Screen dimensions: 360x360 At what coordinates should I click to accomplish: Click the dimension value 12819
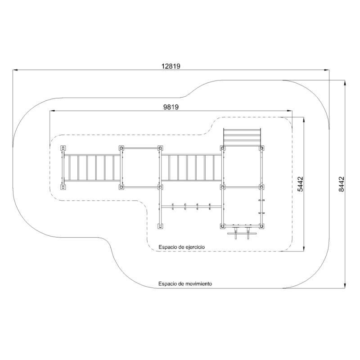pyautogui.click(x=171, y=66)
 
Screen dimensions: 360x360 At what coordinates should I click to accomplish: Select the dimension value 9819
pyautogui.click(x=171, y=107)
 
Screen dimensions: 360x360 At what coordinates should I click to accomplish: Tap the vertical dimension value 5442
pyautogui.click(x=300, y=184)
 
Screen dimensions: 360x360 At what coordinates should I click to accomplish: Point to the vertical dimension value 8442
pyautogui.click(x=342, y=184)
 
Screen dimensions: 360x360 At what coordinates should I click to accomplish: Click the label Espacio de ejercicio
pyautogui.click(x=182, y=247)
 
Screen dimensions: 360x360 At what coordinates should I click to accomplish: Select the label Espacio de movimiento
pyautogui.click(x=185, y=284)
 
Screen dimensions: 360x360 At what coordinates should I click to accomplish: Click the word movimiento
pyautogui.click(x=199, y=284)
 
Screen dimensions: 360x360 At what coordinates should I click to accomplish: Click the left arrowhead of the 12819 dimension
pyautogui.click(x=15, y=70)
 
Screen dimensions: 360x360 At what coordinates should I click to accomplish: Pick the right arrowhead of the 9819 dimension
pyautogui.click(x=290, y=111)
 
